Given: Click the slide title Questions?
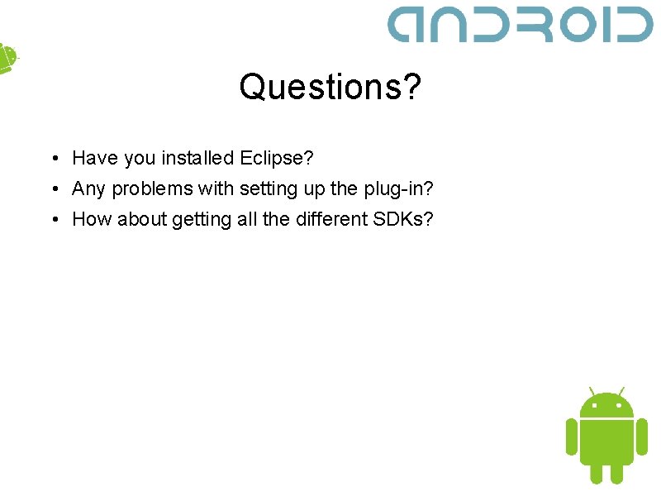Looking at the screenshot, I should (x=330, y=86).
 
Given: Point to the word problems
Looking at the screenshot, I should (x=150, y=188).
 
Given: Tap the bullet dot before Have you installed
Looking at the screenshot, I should (x=51, y=158).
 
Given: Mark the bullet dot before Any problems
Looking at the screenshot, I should (x=51, y=189).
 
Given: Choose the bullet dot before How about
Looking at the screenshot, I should (x=51, y=220).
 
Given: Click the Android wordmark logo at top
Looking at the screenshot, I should (x=521, y=25).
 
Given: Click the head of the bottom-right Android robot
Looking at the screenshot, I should (x=606, y=405).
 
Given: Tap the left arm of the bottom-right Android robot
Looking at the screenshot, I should (x=571, y=436).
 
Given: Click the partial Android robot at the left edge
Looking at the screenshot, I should (x=7, y=58).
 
